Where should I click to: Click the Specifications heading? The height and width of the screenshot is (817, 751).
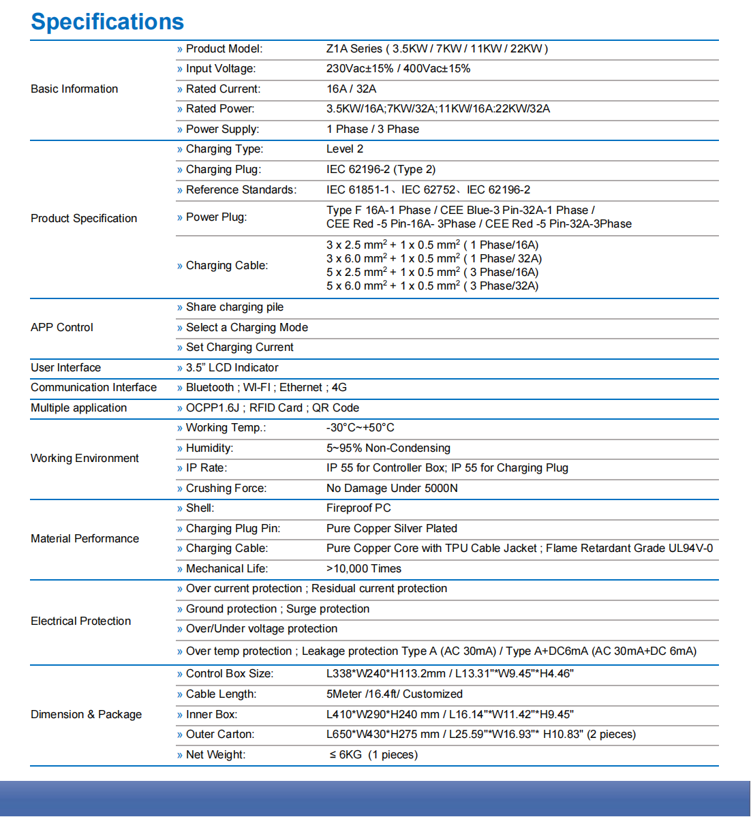(x=108, y=22)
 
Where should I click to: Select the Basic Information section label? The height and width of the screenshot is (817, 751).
(x=74, y=89)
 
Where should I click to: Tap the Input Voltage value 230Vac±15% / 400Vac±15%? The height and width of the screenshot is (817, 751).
(x=398, y=69)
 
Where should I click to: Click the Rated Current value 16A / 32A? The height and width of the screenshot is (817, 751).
(x=351, y=89)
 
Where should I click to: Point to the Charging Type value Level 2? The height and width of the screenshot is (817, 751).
(x=345, y=149)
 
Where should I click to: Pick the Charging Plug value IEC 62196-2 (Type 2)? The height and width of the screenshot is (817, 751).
(x=381, y=170)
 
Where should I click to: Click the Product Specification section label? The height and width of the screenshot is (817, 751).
(x=84, y=218)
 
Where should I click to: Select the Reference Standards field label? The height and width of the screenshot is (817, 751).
(x=241, y=190)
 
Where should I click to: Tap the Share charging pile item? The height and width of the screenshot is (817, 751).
(x=234, y=307)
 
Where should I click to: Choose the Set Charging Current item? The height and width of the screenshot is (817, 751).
(x=239, y=348)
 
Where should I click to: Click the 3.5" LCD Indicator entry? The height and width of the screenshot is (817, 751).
(x=232, y=368)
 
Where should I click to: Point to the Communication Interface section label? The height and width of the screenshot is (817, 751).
(x=93, y=388)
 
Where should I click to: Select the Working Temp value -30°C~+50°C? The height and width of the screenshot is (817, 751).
(x=361, y=428)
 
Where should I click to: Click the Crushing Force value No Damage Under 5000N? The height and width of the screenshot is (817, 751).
(x=392, y=489)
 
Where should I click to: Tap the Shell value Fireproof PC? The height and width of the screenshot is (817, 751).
(x=358, y=508)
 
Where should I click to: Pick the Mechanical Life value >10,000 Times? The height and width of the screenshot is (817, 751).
(x=364, y=569)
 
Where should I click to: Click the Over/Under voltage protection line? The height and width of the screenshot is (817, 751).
(x=262, y=629)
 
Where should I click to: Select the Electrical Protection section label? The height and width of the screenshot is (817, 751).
(x=81, y=621)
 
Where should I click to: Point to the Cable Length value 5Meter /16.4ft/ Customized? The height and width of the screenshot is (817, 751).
(x=395, y=694)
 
